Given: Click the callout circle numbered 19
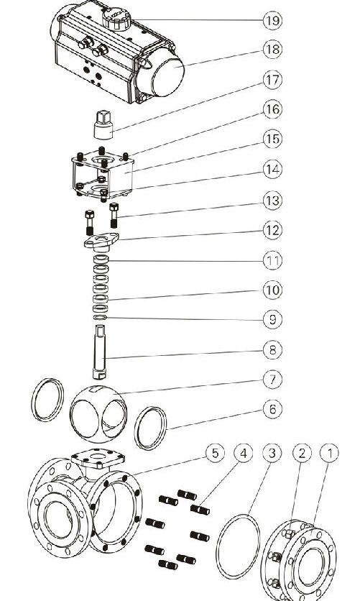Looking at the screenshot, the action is (x=272, y=20).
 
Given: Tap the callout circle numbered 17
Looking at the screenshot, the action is (x=272, y=80).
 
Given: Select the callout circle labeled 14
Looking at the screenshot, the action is (x=272, y=170).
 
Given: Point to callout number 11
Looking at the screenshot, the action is (x=272, y=261).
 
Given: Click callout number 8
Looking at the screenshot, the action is (x=272, y=350).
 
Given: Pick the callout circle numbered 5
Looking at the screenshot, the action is (x=215, y=453).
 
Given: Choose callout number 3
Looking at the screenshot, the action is (x=272, y=453).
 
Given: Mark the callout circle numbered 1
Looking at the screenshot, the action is (x=329, y=453).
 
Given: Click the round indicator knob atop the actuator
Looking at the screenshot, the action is (x=116, y=19).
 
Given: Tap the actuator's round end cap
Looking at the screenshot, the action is (x=164, y=73).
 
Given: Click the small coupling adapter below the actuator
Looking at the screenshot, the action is (x=103, y=124).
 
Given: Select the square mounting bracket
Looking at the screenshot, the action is (x=102, y=175).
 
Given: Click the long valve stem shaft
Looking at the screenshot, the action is (x=100, y=352).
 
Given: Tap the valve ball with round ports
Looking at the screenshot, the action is (x=98, y=413).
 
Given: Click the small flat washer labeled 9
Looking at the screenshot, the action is (x=101, y=318).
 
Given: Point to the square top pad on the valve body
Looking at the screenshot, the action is (x=98, y=458).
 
